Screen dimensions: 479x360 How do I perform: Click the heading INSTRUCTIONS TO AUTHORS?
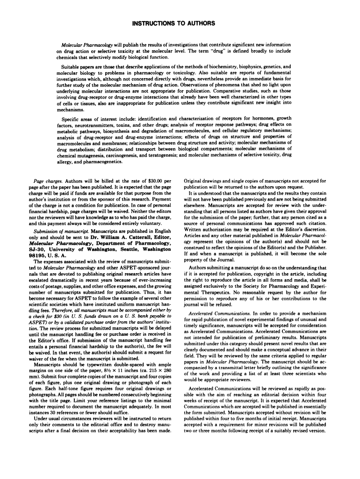click(180, 23)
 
